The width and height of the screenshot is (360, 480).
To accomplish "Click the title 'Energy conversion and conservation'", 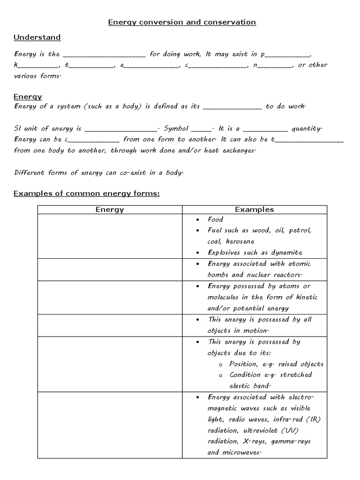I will [x=182, y=22].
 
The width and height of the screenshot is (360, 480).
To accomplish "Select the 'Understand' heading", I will [x=37, y=37].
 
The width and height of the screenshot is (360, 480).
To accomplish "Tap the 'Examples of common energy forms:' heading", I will [x=87, y=194].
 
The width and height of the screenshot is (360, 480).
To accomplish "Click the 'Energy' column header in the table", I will [x=110, y=210].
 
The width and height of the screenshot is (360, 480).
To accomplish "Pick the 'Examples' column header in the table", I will [x=254, y=210].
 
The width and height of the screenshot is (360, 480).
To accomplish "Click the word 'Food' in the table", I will [x=216, y=219].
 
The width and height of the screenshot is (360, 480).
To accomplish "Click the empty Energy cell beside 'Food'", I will [x=110, y=236].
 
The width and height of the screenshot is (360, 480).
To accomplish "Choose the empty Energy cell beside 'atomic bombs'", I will [x=110, y=270].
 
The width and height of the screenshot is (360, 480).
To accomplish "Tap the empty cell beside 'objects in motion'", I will [x=110, y=325].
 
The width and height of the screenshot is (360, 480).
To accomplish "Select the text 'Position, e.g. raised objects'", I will [x=276, y=364].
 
